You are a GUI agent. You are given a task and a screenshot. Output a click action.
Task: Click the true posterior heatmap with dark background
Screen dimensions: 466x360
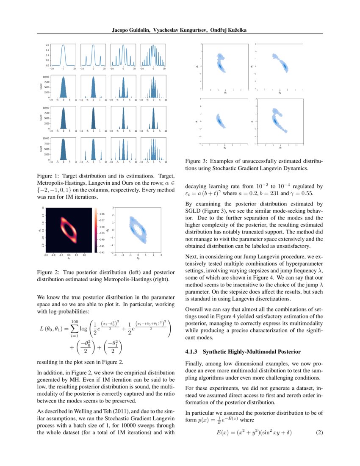[x=68, y=230]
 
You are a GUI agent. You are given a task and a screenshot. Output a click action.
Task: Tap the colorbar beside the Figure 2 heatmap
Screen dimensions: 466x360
[x=96, y=230]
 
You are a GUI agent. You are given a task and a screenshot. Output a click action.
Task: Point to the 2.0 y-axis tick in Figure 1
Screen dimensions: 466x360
[x=48, y=44]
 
